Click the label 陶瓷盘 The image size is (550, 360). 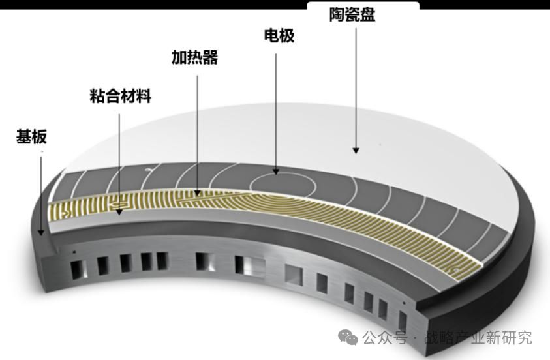coord(352,15)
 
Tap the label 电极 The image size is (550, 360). coord(279,36)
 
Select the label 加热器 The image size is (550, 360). coord(194,57)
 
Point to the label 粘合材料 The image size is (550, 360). coord(120,97)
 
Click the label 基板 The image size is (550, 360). coord(31,137)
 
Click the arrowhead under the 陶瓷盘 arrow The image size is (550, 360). coord(356,151)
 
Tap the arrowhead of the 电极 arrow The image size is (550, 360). coord(276,172)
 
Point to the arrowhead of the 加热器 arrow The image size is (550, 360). coord(198,193)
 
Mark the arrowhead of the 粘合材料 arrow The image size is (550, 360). coord(119,212)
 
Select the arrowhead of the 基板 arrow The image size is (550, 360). coord(41,232)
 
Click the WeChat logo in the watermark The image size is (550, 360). coord(348,337)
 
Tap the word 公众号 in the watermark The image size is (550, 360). coord(385,338)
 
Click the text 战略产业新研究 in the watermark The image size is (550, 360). coord(478,338)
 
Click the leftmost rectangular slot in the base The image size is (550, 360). coord(79,270)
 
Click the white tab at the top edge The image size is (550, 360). coord(363,5)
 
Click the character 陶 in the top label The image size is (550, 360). coord(337,15)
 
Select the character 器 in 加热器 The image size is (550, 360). coord(211,57)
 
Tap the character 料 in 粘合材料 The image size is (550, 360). coord(144,97)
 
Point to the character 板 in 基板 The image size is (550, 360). coord(39,137)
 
